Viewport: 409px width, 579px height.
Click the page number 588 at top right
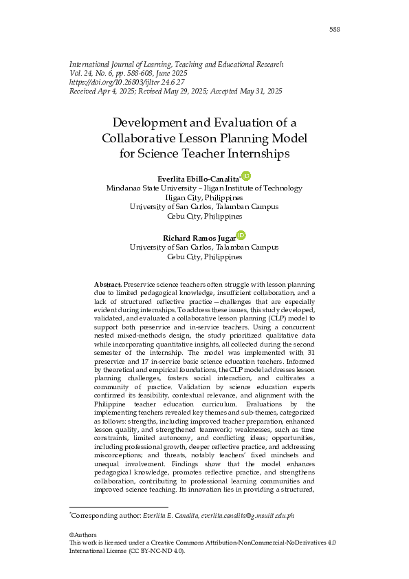tap(335, 29)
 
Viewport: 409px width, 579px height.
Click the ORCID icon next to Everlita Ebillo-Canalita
tap(246, 177)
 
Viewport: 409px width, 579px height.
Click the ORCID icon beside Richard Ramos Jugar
tap(241, 235)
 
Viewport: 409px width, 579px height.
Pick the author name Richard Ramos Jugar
tap(199, 238)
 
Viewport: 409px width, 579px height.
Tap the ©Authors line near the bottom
tap(83, 535)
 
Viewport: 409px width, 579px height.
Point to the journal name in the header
tap(176, 64)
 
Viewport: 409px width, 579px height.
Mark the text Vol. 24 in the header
tap(80, 73)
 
